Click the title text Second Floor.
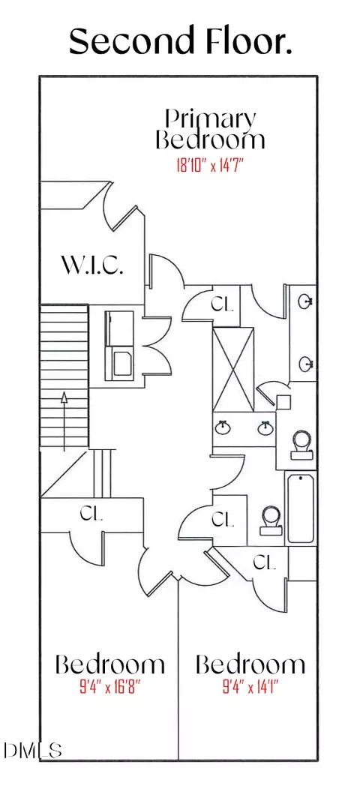point(181,41)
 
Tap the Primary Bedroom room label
point(210,129)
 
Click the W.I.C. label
point(92,265)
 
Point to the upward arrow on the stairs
point(64,421)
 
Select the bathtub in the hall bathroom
point(301,508)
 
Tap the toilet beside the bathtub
point(271,520)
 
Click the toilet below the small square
point(302,445)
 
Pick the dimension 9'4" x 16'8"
point(109,685)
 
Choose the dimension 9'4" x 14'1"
point(250,685)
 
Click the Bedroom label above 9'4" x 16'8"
point(109,664)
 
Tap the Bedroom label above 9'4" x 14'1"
point(250,664)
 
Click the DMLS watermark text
point(32,750)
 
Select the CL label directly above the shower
point(222,304)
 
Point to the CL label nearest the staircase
point(91,513)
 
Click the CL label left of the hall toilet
point(223,519)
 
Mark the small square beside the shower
point(283,402)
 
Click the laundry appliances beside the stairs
point(119,346)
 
